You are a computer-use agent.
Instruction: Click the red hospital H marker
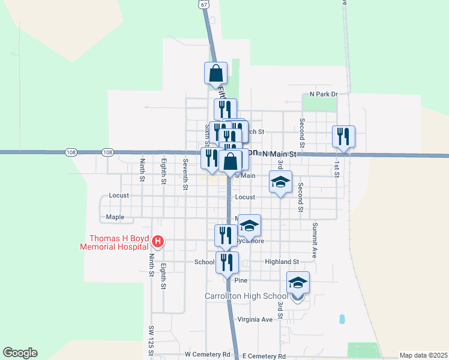click(x=157, y=242)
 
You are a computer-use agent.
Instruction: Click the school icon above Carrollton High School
click(x=298, y=283)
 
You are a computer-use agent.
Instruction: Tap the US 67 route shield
click(x=205, y=4)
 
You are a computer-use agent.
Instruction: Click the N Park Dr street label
click(x=324, y=94)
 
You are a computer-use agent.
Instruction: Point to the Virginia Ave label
click(x=255, y=319)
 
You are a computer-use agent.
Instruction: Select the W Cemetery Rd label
click(x=208, y=355)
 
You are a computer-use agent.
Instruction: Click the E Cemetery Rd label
click(x=264, y=356)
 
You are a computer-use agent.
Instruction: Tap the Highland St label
click(x=282, y=262)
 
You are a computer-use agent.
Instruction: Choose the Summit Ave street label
click(x=315, y=241)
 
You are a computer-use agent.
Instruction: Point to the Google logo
click(x=20, y=353)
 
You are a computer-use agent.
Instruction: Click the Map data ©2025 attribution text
click(x=423, y=355)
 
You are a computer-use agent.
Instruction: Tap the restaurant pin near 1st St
click(x=343, y=136)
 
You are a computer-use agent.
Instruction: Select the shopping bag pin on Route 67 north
click(x=216, y=73)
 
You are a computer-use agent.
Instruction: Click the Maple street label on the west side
click(x=115, y=217)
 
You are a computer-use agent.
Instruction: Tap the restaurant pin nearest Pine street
click(x=227, y=262)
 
